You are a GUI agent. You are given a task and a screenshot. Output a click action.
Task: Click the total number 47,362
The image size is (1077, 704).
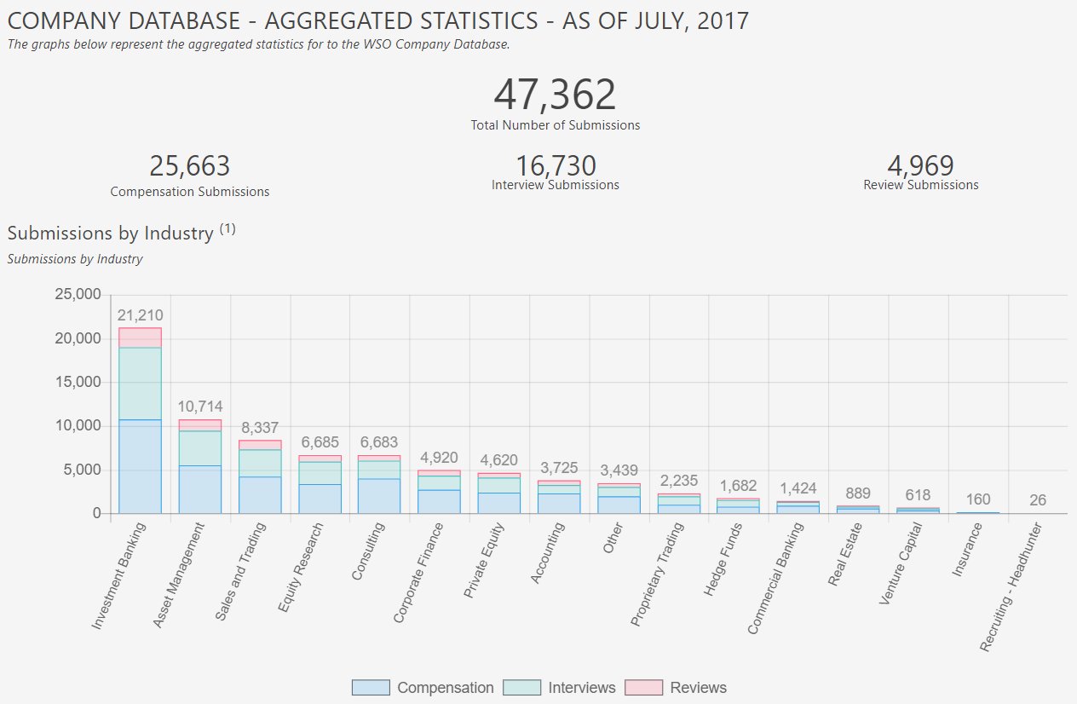click(x=555, y=95)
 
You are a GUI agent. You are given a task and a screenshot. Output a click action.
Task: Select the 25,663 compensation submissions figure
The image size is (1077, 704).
click(x=190, y=166)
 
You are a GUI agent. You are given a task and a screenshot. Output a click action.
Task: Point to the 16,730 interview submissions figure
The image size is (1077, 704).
click(x=556, y=165)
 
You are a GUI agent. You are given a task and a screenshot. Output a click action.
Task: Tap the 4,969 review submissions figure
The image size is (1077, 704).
click(x=920, y=165)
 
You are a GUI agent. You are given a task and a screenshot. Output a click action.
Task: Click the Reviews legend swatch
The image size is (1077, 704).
click(x=643, y=688)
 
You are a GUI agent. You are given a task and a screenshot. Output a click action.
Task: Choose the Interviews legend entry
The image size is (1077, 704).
click(x=560, y=688)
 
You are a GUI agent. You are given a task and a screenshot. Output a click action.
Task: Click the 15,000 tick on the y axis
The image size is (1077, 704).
click(x=78, y=383)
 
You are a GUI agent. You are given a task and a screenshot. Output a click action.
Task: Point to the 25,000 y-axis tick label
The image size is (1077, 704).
click(x=78, y=295)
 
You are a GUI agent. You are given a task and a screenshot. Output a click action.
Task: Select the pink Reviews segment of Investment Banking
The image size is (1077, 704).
click(x=140, y=338)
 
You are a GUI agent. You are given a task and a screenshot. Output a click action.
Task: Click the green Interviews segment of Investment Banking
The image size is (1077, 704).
click(x=140, y=384)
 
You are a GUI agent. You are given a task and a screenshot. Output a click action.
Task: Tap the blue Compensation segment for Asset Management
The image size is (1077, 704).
click(x=199, y=489)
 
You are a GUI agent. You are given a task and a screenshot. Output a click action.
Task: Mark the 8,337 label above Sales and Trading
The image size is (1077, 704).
click(x=259, y=428)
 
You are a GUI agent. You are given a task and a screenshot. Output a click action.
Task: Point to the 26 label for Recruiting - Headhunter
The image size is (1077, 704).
click(x=1037, y=500)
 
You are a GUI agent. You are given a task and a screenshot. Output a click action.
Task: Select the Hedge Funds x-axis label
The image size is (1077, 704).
click(x=723, y=560)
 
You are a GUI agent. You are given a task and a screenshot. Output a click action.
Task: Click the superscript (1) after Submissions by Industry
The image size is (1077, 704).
click(x=227, y=228)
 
